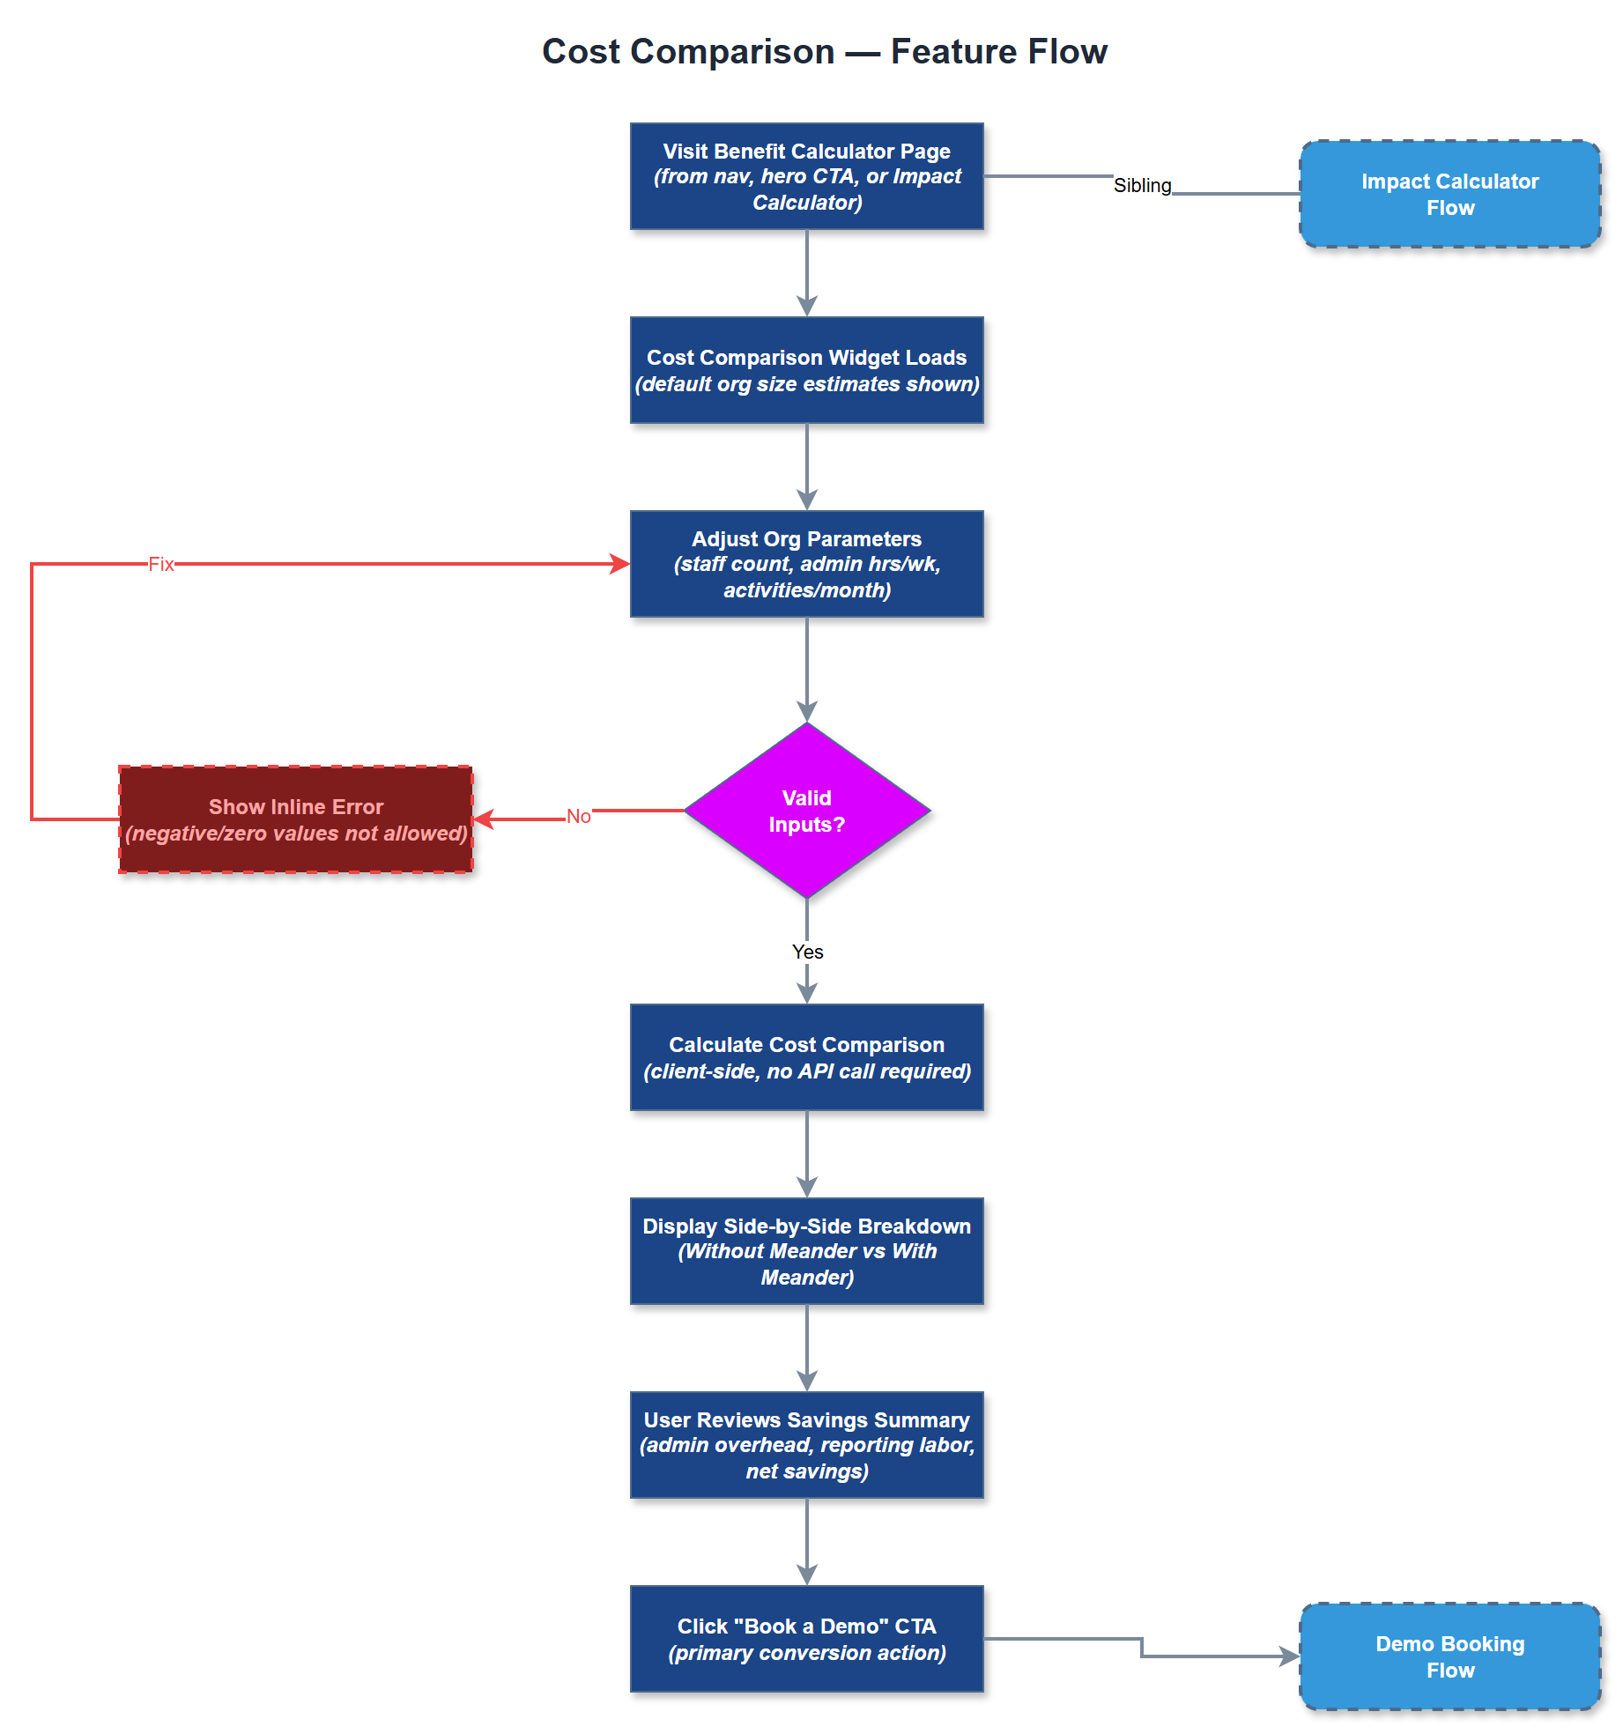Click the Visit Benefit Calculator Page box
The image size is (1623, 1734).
[806, 176]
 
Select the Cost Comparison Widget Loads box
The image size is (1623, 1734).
[806, 370]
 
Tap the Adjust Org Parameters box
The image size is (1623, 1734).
[806, 564]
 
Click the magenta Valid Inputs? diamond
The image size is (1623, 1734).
[806, 811]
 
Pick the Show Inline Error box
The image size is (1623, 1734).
[295, 819]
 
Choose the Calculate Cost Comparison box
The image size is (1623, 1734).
[806, 1057]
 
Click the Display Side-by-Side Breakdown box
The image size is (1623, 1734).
[806, 1251]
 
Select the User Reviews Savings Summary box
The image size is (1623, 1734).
[806, 1445]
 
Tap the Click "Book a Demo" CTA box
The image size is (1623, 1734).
[806, 1639]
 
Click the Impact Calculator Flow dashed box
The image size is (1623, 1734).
[1449, 194]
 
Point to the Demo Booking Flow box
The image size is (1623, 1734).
[1449, 1656]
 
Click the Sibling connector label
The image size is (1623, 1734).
[1142, 185]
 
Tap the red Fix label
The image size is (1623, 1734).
[160, 564]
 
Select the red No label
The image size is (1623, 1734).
[578, 816]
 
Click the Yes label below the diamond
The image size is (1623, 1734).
[807, 952]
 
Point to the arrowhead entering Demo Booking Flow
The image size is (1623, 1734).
[1291, 1656]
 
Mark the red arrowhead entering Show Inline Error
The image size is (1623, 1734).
[483, 819]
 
